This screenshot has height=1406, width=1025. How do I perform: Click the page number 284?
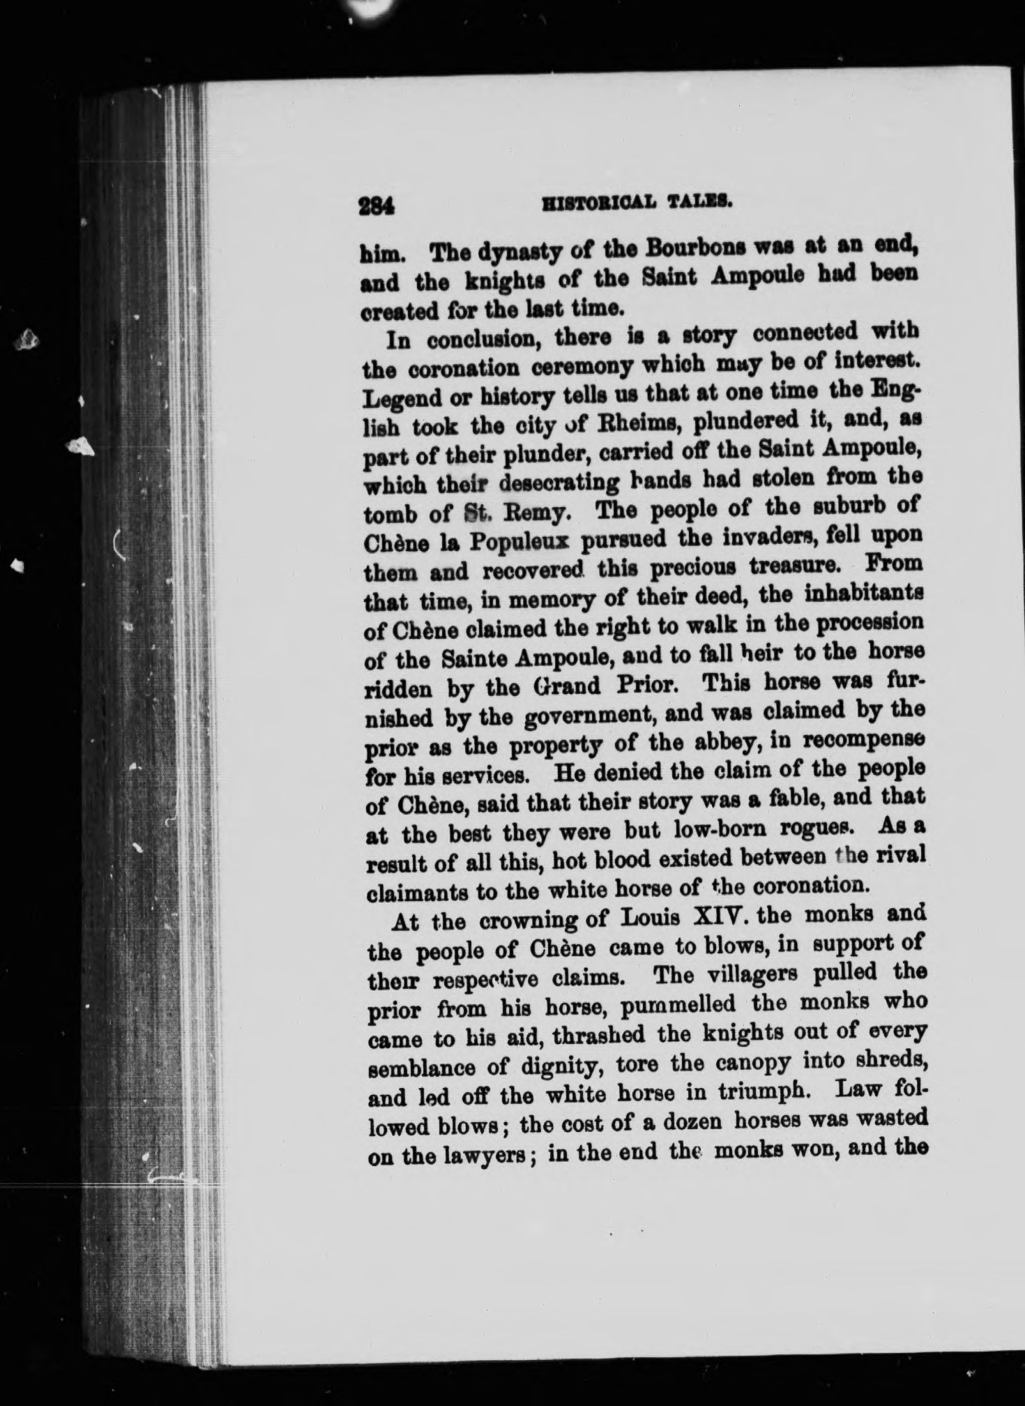(376, 207)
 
